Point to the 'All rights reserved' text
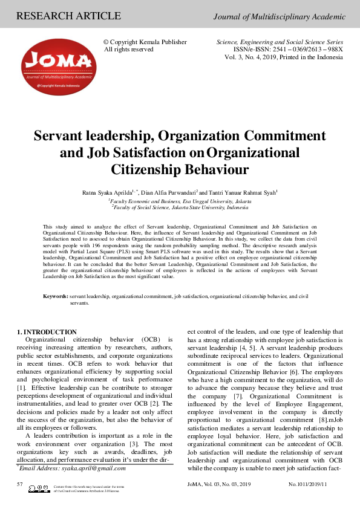[129, 50]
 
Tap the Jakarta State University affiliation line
[180, 207]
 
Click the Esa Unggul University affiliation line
[180, 200]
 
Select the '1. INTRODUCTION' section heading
[47, 332]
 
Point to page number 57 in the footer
[20, 485]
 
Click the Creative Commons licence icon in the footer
[39, 488]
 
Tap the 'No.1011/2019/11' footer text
[307, 485]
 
